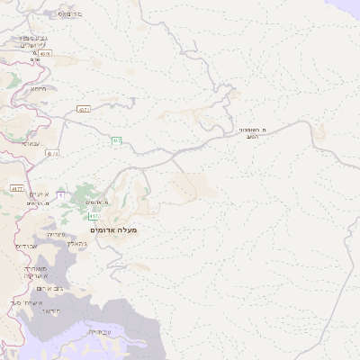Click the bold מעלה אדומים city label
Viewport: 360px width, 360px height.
(115, 230)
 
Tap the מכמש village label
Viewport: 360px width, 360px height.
(68, 14)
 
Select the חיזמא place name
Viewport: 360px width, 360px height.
(38, 88)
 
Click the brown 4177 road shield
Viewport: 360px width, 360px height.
(17, 189)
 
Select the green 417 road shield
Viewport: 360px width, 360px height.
(94, 216)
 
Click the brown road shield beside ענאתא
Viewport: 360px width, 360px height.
(53, 154)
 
